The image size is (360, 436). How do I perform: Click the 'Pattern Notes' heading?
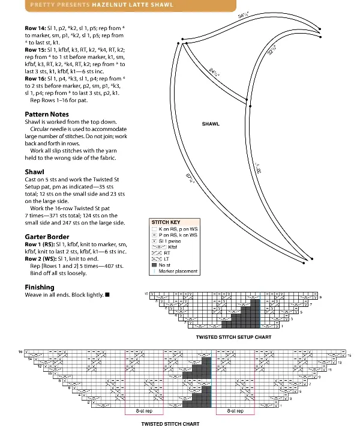[x=47, y=114]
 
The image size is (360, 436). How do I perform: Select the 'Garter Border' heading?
[x=47, y=237]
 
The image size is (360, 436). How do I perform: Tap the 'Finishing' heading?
[x=40, y=287]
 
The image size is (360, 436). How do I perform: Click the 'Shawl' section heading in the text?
[x=35, y=171]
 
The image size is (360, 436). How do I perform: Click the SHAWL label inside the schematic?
[x=211, y=124]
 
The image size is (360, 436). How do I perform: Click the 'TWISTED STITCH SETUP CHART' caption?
[x=233, y=337]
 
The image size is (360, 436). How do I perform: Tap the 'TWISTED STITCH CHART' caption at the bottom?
[x=170, y=424]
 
